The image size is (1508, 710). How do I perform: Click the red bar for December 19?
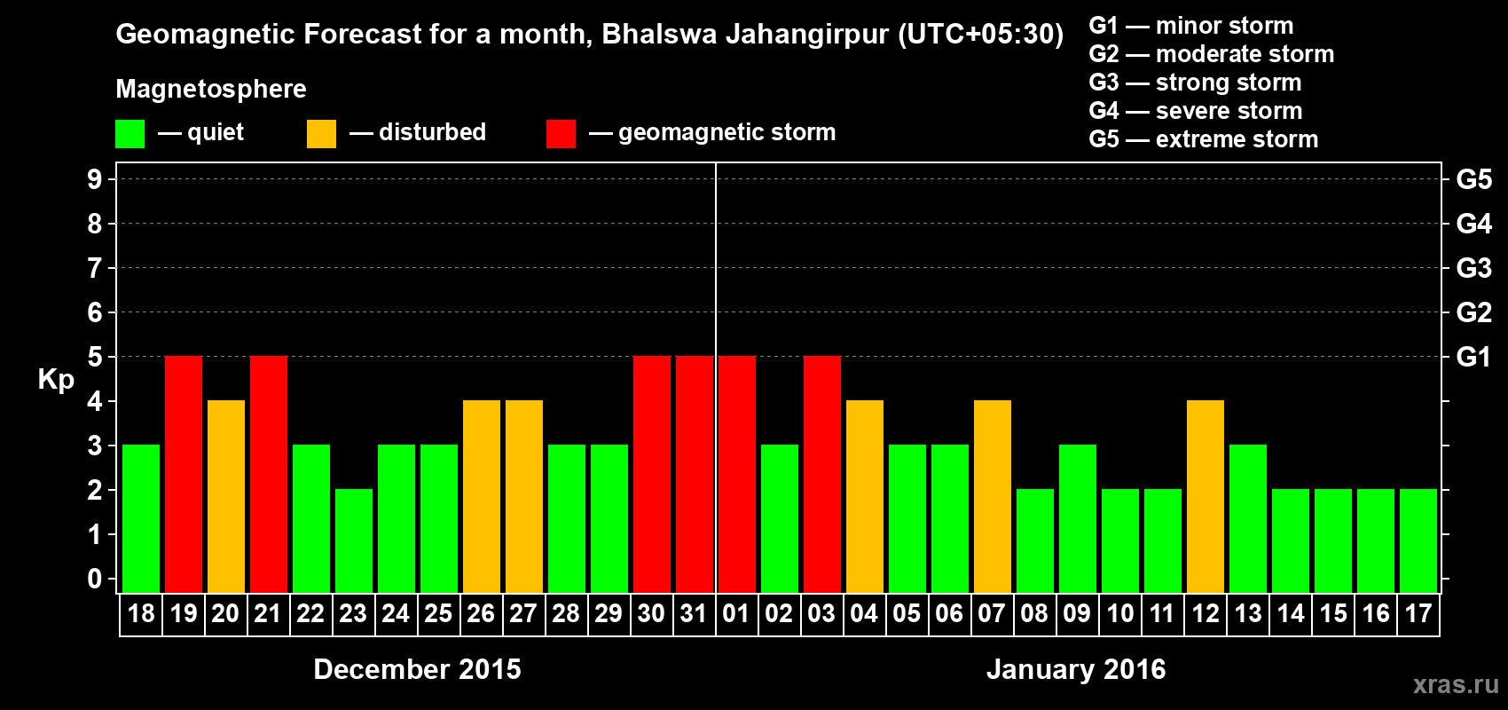184,474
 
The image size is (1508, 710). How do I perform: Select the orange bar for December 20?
226,496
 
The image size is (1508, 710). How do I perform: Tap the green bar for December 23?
354,540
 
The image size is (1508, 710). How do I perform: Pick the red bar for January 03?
822,474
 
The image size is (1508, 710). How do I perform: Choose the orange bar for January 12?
1206,496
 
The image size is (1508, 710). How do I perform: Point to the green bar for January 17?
1418,540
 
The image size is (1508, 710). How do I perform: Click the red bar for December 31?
695,474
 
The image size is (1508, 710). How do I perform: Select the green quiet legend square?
130,134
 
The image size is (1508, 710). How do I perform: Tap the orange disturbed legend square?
321,134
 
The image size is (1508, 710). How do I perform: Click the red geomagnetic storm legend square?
561,134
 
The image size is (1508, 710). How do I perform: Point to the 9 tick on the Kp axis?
95,179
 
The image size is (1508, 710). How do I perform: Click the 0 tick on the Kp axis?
95,579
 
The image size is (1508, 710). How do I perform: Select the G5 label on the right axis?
1473,179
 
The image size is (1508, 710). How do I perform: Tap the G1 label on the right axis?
1473,357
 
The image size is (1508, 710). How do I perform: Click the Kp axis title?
56,379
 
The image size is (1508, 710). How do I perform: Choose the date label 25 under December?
438,613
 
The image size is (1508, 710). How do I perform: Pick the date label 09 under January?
1077,613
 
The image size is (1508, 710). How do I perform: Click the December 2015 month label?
417,669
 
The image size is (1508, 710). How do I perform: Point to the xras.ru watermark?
1456,684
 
